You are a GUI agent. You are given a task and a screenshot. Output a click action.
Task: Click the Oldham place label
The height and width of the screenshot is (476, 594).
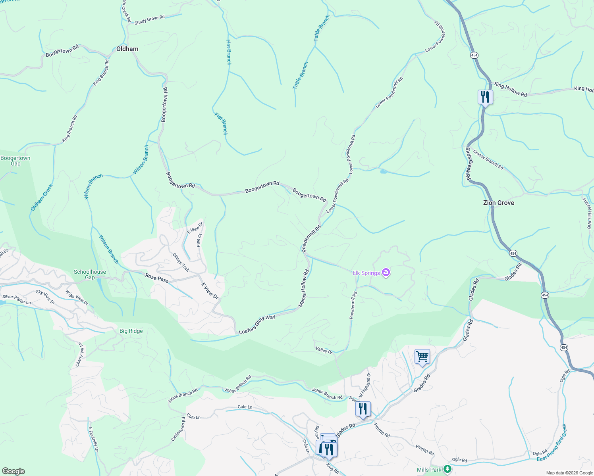pos(127,49)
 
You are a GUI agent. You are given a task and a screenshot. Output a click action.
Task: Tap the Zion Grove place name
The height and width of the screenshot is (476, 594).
pos(498,203)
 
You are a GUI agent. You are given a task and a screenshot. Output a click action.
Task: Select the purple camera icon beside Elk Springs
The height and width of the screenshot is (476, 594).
pos(386,273)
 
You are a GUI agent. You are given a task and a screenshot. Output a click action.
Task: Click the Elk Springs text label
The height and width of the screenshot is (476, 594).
pos(366,273)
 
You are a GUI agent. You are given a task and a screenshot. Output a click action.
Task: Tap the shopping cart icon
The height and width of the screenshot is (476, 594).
pos(422,356)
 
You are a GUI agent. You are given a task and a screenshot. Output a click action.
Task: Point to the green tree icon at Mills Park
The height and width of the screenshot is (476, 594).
pos(447,469)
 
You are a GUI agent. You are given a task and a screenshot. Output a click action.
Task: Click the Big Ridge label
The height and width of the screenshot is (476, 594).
pos(131,331)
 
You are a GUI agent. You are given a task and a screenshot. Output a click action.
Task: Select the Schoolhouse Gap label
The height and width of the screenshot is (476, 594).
pos(90,274)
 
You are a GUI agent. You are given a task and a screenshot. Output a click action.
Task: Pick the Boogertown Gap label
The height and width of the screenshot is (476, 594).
pos(15,161)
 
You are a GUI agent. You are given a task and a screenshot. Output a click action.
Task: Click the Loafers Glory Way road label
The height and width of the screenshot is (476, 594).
pos(257,324)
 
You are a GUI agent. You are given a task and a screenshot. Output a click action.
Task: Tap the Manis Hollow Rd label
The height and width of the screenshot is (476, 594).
pos(304,288)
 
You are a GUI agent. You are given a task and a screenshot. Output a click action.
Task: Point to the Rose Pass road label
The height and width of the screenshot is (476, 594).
pos(157,278)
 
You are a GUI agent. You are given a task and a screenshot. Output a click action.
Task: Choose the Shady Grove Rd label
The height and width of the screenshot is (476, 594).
pos(149,20)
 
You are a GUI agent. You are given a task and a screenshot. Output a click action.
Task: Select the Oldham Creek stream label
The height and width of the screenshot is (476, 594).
pos(42,197)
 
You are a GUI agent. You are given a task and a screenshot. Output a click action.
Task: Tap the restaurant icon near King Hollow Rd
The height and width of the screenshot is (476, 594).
pos(485,96)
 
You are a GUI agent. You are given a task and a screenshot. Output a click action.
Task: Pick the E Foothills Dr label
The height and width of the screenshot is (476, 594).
pos(93,440)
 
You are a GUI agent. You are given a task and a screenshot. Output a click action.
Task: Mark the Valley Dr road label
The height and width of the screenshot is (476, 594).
pos(324,350)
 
